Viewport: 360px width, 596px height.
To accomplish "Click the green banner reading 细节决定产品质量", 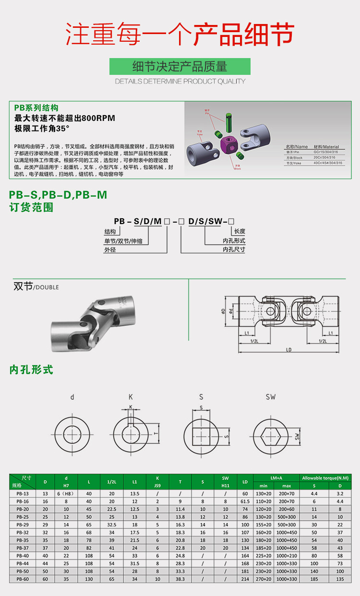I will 180,66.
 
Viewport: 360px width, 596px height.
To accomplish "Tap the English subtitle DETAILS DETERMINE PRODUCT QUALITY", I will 180,82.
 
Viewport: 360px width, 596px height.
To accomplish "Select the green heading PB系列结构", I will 36,108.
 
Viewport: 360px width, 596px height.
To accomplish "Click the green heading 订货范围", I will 31,207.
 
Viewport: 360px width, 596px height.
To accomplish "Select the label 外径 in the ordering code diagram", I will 110,250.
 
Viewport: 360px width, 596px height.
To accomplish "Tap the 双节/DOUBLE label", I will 36,286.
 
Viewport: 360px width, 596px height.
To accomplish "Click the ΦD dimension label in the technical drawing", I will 224,311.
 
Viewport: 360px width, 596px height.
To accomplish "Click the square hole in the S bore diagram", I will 201,436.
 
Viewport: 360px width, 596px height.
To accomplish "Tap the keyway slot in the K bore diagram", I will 130,418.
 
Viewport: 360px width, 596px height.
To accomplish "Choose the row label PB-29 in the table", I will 23,525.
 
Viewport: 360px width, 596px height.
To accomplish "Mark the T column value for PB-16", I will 180,501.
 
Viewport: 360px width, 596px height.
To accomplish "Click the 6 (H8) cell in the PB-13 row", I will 67,493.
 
